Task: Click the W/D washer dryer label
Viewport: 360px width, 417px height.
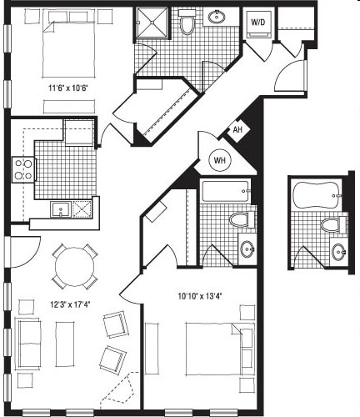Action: pos(258,22)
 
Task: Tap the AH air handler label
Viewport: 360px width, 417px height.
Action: pos(237,129)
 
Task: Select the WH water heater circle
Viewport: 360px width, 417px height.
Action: pos(219,160)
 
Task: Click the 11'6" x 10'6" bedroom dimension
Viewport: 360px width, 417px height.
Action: pos(68,88)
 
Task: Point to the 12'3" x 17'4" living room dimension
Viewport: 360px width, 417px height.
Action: pos(70,304)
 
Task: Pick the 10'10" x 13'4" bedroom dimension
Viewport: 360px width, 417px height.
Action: pos(199,297)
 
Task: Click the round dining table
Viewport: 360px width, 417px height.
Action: pos(75,267)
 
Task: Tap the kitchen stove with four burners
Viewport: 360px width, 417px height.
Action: pos(23,170)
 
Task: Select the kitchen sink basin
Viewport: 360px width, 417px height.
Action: pos(60,209)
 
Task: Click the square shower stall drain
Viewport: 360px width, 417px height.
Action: pos(152,22)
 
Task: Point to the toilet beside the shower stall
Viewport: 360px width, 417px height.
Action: pos(187,22)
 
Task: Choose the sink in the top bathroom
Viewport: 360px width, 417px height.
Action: pos(217,17)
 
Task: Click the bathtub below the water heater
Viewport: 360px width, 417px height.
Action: pos(225,192)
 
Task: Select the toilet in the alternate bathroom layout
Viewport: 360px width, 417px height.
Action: pos(333,224)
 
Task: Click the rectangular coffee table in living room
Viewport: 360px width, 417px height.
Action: pos(65,344)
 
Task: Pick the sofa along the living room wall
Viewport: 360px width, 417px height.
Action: pos(27,344)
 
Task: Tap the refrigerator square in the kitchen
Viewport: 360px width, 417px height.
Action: pos(78,133)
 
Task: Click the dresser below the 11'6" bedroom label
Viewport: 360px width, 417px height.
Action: pos(69,107)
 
